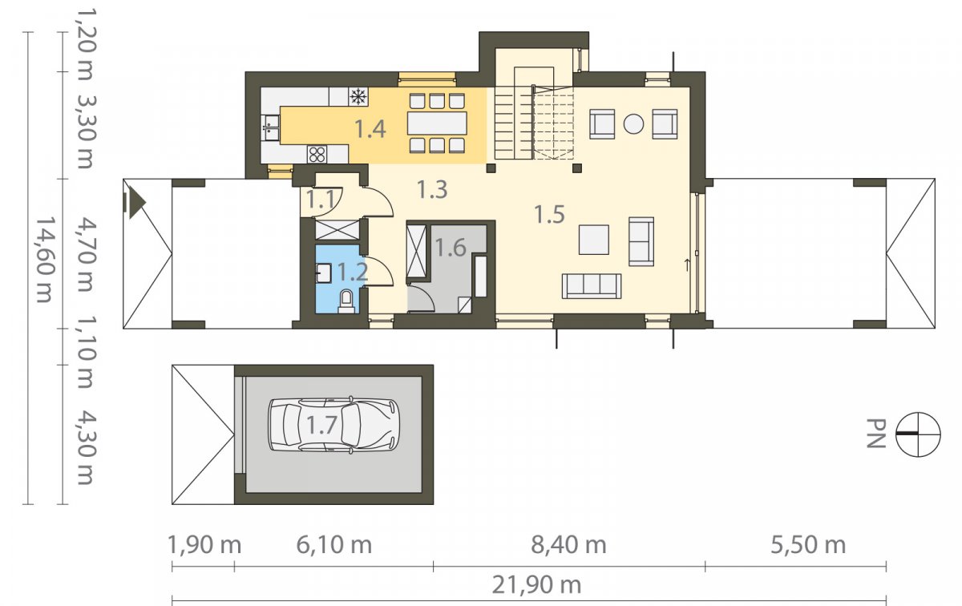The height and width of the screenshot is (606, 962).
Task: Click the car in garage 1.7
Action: click(333, 425)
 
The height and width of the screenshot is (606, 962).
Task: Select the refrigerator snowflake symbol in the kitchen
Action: click(358, 97)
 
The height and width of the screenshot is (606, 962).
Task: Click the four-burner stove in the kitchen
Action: click(317, 155)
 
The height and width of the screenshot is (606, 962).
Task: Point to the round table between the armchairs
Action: click(633, 124)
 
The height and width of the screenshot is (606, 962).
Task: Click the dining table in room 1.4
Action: click(437, 123)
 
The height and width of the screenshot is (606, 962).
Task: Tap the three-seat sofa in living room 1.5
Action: click(592, 286)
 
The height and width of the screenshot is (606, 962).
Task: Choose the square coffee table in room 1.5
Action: click(593, 240)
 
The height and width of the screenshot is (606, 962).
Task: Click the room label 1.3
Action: click(432, 189)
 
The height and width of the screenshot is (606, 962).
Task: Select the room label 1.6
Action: click(451, 248)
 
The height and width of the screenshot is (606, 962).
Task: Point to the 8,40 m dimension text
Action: click(568, 545)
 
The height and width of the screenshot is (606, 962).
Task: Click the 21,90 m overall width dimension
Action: click(536, 585)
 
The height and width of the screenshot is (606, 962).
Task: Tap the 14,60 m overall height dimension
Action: click(45, 260)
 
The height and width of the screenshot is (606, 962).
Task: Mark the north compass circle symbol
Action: click(918, 434)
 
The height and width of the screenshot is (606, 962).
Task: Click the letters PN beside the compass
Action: click(876, 434)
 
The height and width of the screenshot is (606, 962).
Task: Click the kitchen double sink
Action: click(271, 128)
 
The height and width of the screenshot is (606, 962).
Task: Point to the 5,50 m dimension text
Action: click(808, 545)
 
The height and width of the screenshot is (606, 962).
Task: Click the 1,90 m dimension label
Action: click(204, 545)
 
